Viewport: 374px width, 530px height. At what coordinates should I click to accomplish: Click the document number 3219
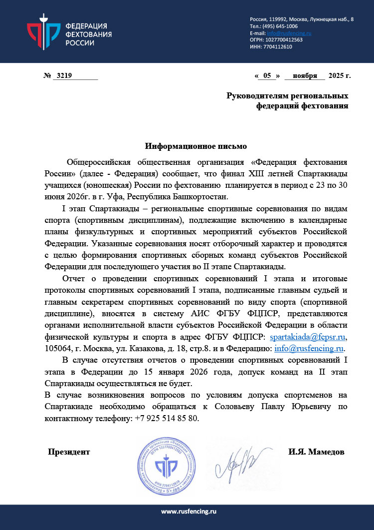[65, 76]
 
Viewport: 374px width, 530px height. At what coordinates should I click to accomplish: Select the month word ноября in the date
[305, 76]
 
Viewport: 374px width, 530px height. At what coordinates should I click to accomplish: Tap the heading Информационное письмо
[196, 146]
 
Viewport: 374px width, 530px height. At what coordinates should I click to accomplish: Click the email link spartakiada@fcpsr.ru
[308, 338]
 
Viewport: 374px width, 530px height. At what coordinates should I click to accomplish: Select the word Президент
[69, 452]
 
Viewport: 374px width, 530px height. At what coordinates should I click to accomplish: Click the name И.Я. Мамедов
[316, 452]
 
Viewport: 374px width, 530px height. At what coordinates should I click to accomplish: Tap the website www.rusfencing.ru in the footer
[187, 511]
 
